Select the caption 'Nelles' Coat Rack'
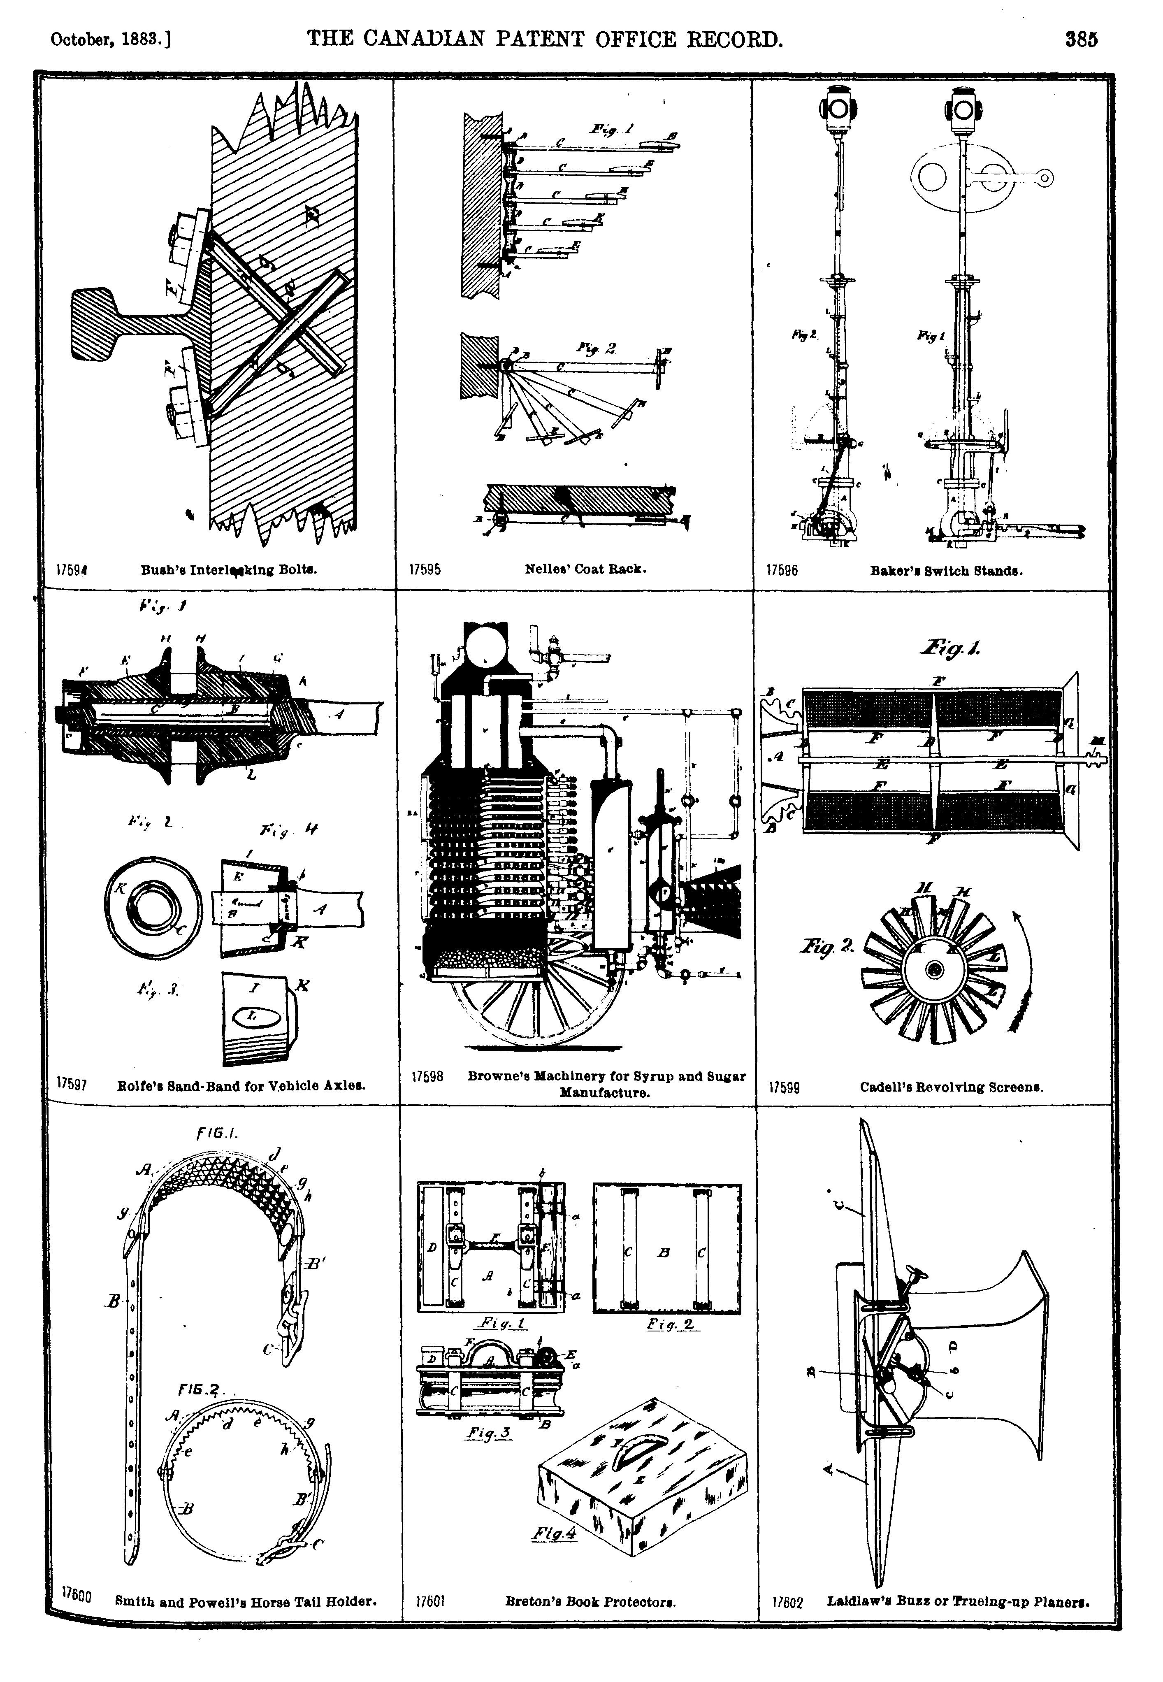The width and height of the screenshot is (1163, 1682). point(585,569)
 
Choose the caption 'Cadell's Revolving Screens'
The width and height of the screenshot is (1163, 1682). point(951,1087)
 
